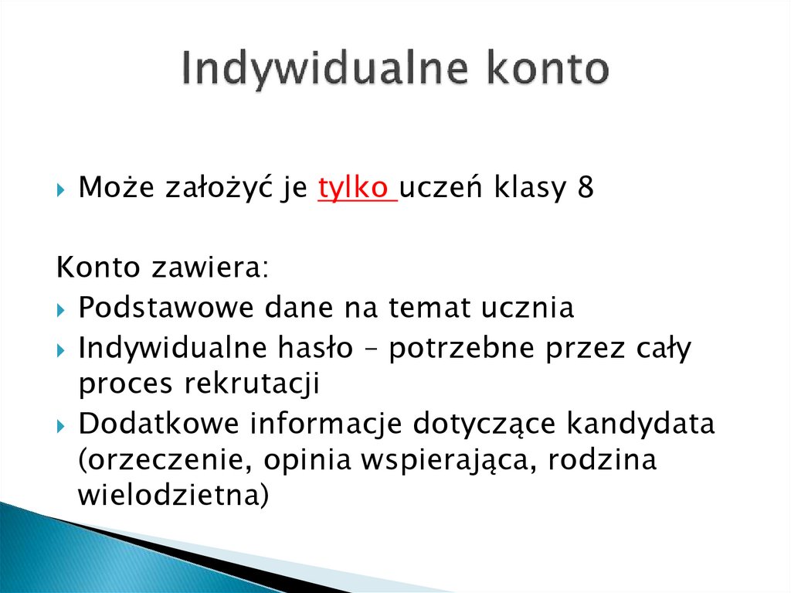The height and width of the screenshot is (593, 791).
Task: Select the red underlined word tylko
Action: [x=355, y=189]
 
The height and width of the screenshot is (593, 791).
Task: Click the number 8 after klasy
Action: [x=586, y=189]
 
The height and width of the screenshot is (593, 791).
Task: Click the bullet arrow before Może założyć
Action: [x=63, y=190]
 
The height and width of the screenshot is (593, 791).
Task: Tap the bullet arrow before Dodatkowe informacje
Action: [x=63, y=424]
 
